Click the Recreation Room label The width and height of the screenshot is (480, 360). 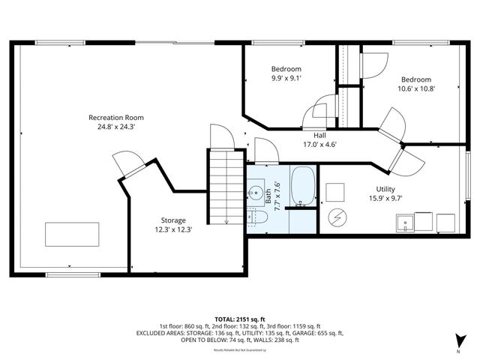[x=116, y=117]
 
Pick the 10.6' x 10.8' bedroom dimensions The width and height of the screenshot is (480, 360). [x=416, y=88]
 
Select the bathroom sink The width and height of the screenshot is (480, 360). [x=256, y=190]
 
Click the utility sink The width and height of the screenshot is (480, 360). [x=406, y=223]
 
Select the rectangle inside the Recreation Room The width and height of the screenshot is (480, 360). [x=71, y=233]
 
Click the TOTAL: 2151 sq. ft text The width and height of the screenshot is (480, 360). [x=240, y=319]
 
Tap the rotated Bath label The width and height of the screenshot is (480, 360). [x=268, y=196]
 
